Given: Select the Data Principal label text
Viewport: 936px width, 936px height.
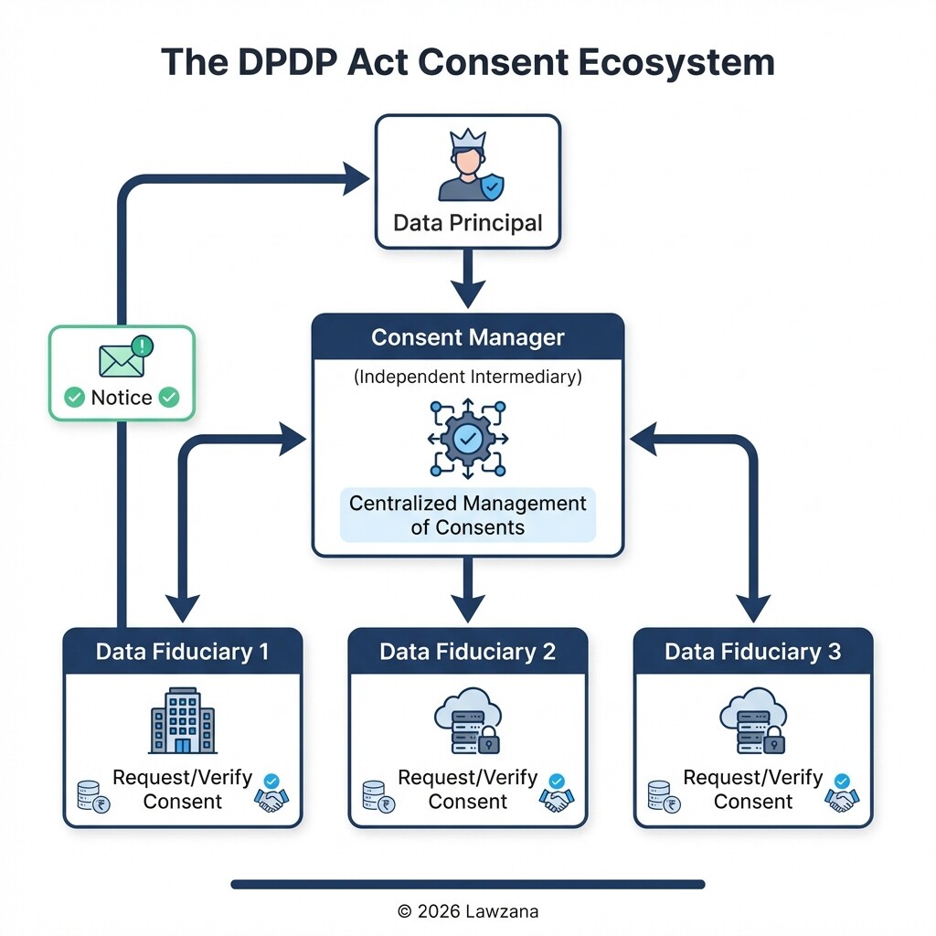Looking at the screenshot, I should tap(468, 223).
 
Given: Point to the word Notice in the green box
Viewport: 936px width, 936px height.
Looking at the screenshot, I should tap(122, 398).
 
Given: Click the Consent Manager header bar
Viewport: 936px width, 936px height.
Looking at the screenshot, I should tap(468, 337).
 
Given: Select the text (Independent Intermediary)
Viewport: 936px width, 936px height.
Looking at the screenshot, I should tap(468, 376).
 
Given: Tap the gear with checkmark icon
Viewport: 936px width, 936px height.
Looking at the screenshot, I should tap(468, 439).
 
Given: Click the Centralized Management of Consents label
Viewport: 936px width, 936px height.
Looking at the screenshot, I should tap(468, 516).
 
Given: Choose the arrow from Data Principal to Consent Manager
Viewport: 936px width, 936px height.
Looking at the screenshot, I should tap(468, 278).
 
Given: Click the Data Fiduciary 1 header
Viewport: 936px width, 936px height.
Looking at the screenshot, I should tap(183, 652).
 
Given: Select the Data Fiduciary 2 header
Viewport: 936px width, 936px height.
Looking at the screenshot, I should tap(468, 652).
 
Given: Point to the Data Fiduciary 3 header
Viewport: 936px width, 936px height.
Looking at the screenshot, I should tap(753, 652).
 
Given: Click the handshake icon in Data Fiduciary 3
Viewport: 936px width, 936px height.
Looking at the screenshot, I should tap(842, 797).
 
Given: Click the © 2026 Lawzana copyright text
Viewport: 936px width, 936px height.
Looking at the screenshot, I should tap(468, 910).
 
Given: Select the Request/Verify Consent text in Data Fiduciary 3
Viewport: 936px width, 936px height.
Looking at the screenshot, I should tap(753, 789).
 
